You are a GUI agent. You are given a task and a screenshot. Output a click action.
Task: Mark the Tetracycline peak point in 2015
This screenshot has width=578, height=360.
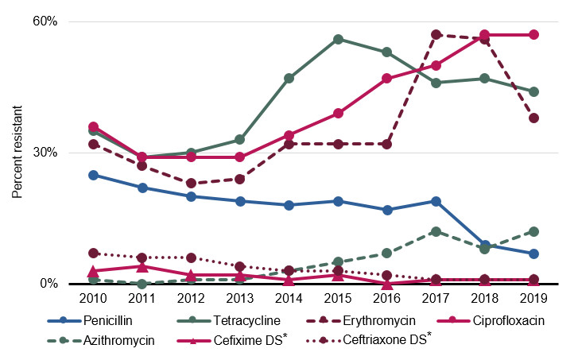[338, 39]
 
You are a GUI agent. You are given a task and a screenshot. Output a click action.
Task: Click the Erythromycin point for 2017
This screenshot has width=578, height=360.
[436, 35]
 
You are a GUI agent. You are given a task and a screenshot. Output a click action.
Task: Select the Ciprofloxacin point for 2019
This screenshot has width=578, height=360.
[533, 35]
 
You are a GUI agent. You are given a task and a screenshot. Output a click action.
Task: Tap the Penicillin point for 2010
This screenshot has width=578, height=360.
[93, 175]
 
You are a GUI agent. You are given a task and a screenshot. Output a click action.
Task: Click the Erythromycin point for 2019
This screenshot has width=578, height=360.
[533, 118]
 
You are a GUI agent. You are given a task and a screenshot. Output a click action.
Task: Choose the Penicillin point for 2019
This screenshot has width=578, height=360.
[533, 254]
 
